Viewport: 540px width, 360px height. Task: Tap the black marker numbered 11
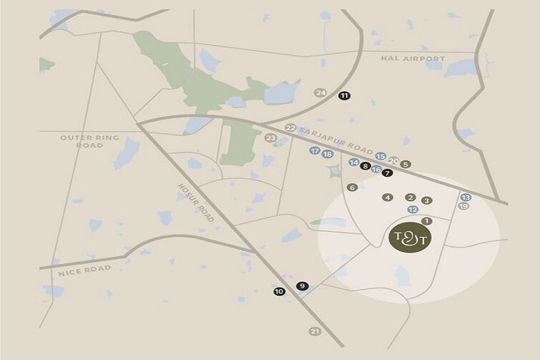pyautogui.click(x=345, y=96)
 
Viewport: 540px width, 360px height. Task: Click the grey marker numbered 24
pyautogui.click(x=320, y=93)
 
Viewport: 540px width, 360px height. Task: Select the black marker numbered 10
pyautogui.click(x=279, y=291)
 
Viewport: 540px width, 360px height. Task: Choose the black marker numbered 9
pyautogui.click(x=303, y=286)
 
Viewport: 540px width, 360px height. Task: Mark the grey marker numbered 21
pyautogui.click(x=315, y=331)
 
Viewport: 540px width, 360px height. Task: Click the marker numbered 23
pyautogui.click(x=270, y=138)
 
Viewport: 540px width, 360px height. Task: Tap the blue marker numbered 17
pyautogui.click(x=314, y=151)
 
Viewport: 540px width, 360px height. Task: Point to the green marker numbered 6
pyautogui.click(x=351, y=188)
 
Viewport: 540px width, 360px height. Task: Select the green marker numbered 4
pyautogui.click(x=388, y=197)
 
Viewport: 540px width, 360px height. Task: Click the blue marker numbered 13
pyautogui.click(x=466, y=197)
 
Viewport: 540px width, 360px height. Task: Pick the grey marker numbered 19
pyautogui.click(x=463, y=206)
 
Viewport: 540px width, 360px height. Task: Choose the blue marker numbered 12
pyautogui.click(x=412, y=210)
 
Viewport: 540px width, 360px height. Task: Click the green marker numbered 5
pyautogui.click(x=406, y=164)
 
